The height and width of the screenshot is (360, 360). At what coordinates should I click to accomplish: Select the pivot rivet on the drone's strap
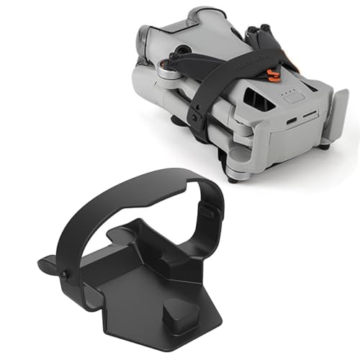(195, 114)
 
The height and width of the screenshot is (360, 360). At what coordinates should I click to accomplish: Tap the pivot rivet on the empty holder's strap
(66, 274)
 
